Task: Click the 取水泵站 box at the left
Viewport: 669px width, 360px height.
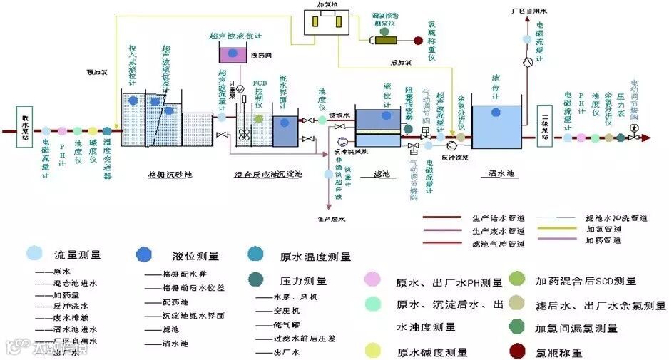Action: click(x=26, y=127)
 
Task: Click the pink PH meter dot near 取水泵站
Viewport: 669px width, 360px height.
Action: click(x=62, y=131)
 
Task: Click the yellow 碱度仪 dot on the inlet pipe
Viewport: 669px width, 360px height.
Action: click(x=92, y=131)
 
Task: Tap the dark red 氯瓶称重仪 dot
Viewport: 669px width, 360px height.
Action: click(x=418, y=40)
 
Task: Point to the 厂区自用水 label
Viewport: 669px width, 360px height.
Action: click(x=528, y=12)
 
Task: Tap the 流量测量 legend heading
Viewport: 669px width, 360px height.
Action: click(x=78, y=254)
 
